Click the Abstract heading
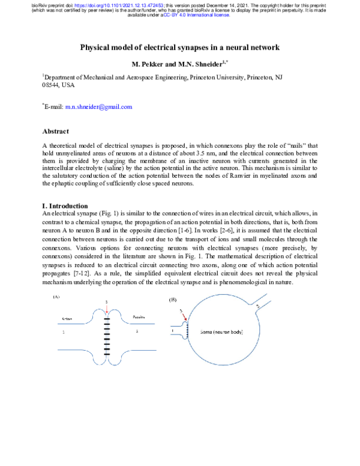[x=57, y=130]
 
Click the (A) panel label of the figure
[x=56, y=297]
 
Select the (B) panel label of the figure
[x=173, y=298]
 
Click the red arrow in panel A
[x=107, y=309]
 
